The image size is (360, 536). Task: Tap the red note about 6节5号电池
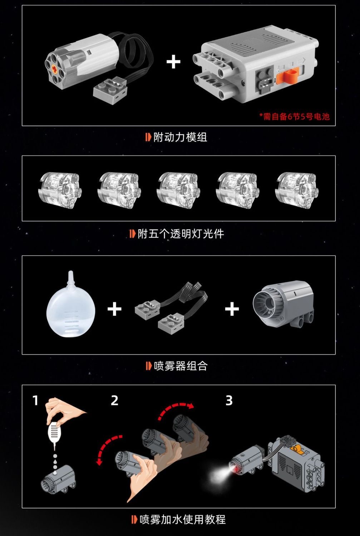(x=294, y=117)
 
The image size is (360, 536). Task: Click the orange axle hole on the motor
(x=55, y=68)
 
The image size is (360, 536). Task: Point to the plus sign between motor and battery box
(x=173, y=62)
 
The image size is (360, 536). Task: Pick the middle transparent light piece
(x=177, y=190)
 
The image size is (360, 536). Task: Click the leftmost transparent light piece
(x=59, y=190)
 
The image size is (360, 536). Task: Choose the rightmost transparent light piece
(x=296, y=190)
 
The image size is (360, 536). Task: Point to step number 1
(x=35, y=400)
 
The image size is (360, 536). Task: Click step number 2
(x=114, y=400)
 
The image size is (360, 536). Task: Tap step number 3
(x=229, y=400)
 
